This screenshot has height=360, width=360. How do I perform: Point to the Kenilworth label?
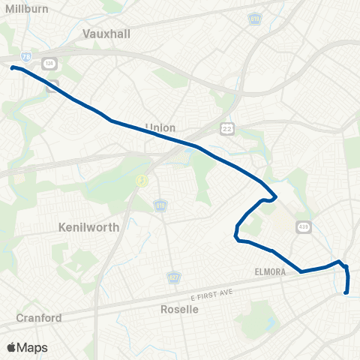[x=88, y=226]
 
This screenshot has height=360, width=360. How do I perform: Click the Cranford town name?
[x=39, y=317]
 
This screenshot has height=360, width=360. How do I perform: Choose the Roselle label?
[x=180, y=309]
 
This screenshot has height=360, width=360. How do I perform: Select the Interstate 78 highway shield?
[x=26, y=56]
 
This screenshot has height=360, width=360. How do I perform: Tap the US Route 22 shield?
[x=226, y=130]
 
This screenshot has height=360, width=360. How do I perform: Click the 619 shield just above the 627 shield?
[x=160, y=205]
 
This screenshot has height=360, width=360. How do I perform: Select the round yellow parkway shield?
[x=139, y=180]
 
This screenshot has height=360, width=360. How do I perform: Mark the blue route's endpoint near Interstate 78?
[x=12, y=67]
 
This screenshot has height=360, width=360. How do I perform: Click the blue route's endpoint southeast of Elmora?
[x=346, y=293]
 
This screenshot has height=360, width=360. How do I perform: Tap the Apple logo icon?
[x=11, y=347]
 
